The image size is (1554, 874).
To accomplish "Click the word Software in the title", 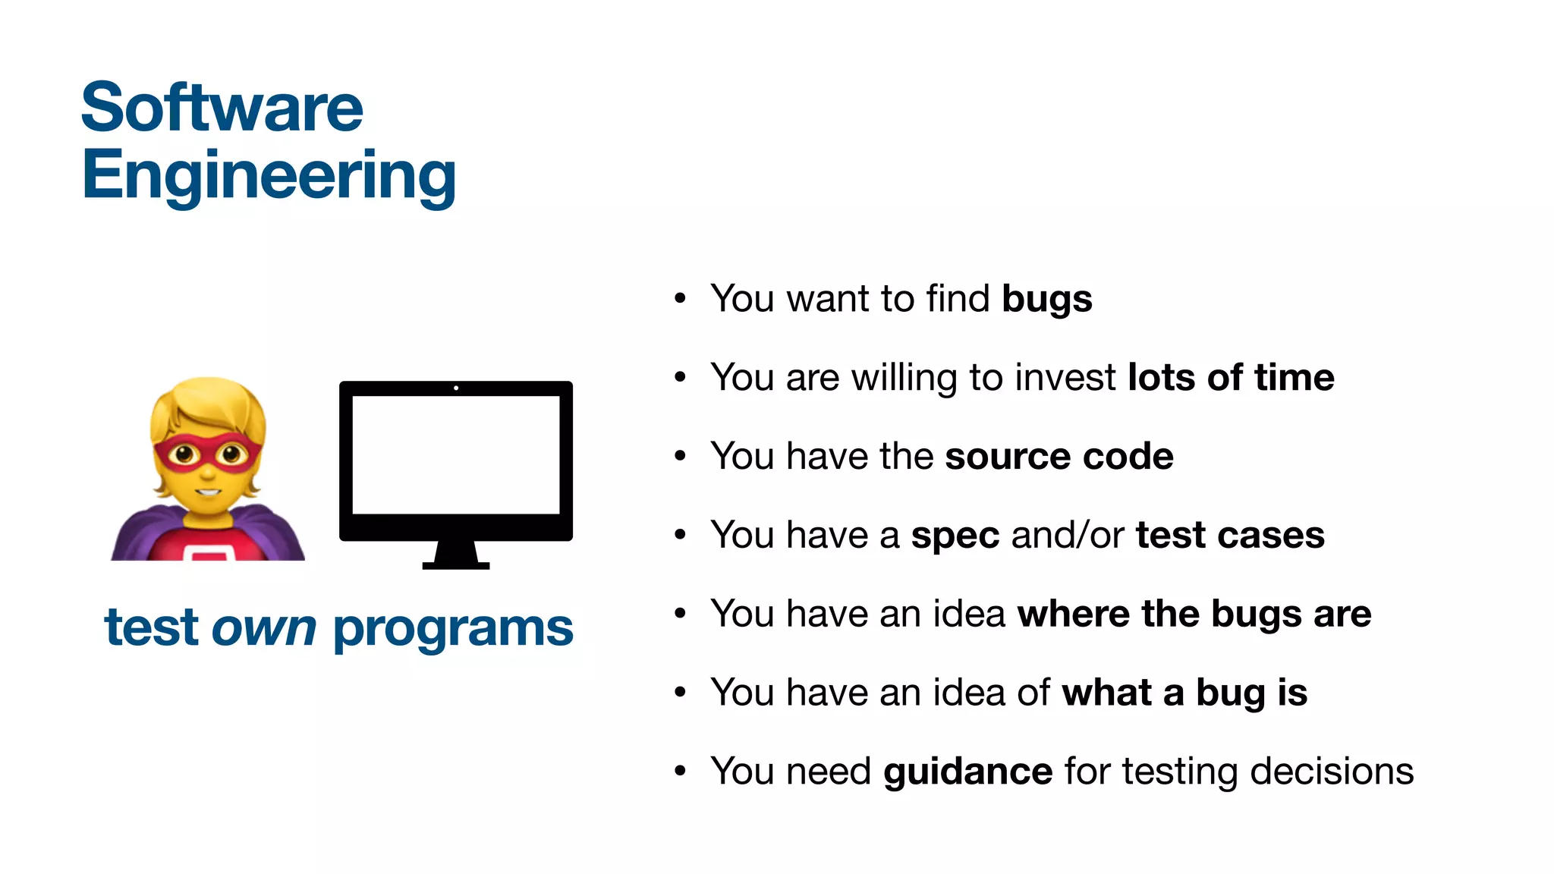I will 222,108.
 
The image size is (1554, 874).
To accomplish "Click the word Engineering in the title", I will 269,175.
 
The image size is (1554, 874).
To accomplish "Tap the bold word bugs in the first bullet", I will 1046,299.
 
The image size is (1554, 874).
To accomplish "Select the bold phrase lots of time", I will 1231,378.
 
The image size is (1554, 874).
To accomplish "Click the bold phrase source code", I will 1059,457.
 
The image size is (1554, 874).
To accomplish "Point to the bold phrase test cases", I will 1230,536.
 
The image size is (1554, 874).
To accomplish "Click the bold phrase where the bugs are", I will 1194,614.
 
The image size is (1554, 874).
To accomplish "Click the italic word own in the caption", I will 263,629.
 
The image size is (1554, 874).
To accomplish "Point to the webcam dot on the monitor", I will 456,388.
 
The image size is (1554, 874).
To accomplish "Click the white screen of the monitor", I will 456,455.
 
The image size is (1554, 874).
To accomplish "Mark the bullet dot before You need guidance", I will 680,772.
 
